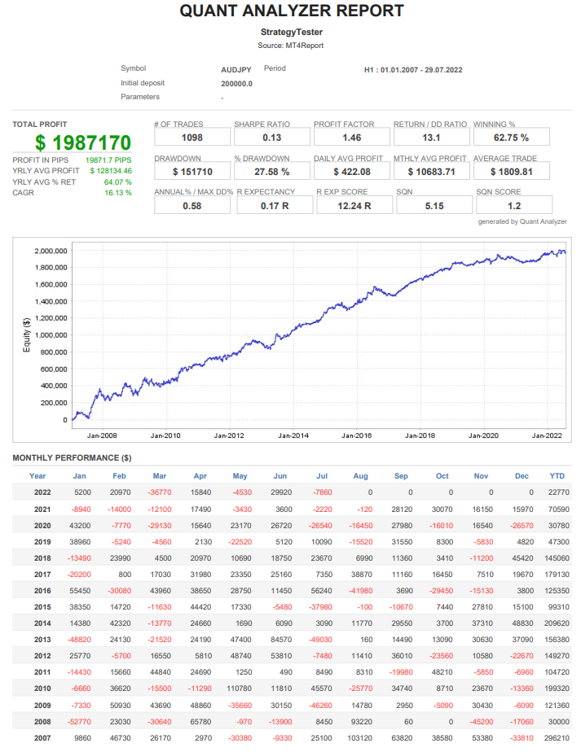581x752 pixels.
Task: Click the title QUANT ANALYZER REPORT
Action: coord(291,11)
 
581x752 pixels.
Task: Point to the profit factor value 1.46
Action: coord(351,138)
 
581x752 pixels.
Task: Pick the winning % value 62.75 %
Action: coord(511,138)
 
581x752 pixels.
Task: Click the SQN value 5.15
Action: coord(431,206)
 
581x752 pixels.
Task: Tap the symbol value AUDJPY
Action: coord(236,69)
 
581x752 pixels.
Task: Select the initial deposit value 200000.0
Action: coord(236,83)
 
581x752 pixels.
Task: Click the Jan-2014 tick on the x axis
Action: coord(294,435)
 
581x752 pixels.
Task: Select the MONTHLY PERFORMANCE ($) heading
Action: coord(72,457)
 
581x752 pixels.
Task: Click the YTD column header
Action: coord(557,476)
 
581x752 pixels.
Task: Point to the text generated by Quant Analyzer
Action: coord(522,221)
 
